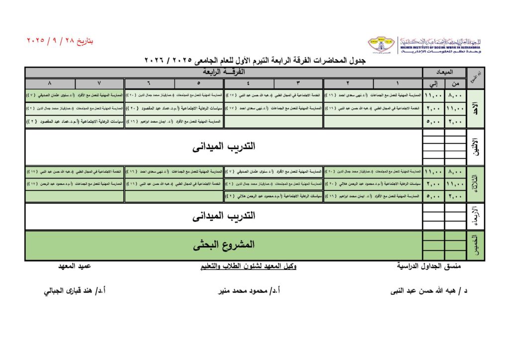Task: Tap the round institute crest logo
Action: (380, 45)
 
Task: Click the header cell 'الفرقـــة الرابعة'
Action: (224, 72)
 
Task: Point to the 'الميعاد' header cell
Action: (444, 72)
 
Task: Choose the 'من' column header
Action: (455, 84)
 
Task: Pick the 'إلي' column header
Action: (433, 84)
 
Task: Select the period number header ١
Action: (398, 84)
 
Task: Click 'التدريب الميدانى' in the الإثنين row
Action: (224, 147)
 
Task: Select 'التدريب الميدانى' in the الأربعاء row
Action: (224, 216)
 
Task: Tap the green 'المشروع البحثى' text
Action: (224, 245)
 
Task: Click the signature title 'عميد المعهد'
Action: (75, 267)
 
